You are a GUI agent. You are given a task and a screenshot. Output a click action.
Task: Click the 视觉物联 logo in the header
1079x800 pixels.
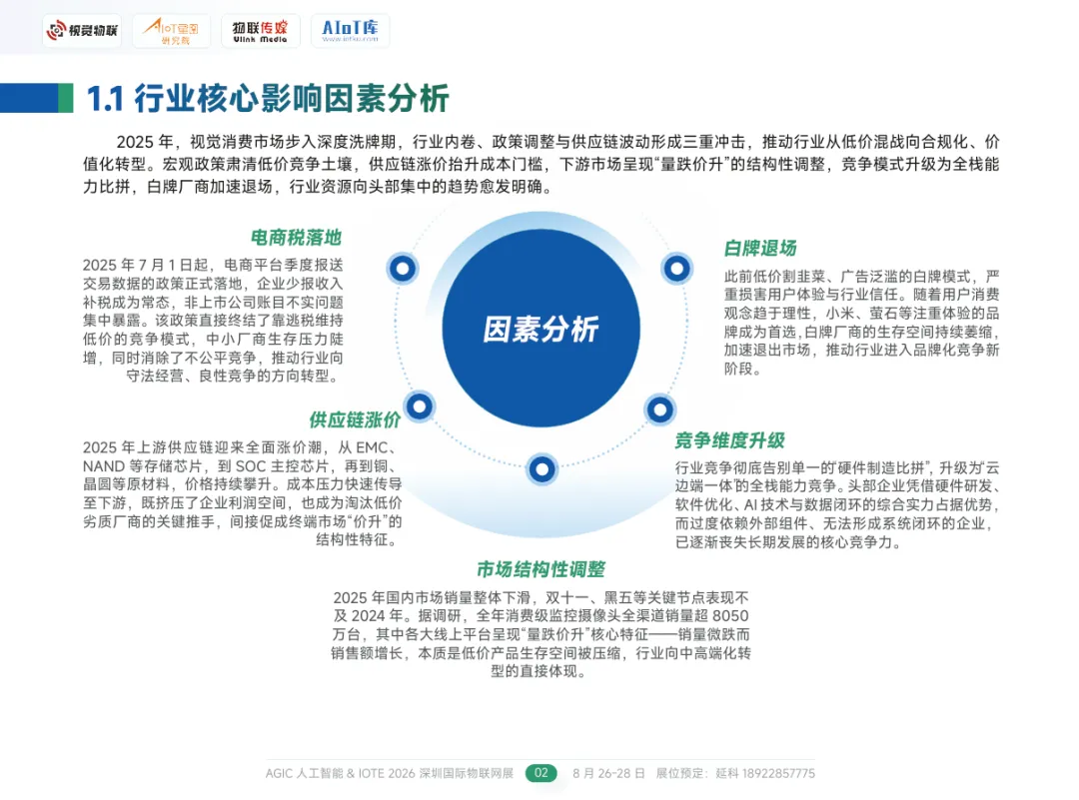pos(82,31)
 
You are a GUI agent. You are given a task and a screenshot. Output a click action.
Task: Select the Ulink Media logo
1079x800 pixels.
pos(259,31)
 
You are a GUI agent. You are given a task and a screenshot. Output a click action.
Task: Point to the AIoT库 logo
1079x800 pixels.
pos(350,31)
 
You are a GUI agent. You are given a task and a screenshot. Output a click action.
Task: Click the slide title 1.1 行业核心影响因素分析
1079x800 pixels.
pos(268,98)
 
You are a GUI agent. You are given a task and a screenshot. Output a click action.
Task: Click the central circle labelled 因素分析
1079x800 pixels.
pos(540,330)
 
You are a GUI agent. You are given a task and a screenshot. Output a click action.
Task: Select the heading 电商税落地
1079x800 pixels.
pos(296,238)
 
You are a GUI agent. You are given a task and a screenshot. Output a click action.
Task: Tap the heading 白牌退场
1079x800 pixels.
pos(760,248)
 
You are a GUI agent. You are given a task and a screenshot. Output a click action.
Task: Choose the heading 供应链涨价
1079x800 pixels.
pos(355,419)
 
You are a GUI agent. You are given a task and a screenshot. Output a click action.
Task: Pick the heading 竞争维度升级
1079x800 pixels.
pos(729,440)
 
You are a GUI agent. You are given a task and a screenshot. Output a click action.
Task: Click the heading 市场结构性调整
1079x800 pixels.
pos(540,569)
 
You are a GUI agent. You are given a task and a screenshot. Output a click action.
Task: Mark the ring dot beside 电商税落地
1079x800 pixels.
pos(403,268)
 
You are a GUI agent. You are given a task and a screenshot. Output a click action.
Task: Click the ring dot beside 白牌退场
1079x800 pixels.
pos(677,268)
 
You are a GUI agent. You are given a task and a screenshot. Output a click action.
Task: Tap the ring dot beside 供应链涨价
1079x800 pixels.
pos(420,405)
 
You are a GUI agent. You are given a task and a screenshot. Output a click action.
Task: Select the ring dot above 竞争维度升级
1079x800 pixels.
pos(659,408)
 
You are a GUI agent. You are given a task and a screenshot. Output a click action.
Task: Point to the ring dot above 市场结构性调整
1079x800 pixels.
pos(540,467)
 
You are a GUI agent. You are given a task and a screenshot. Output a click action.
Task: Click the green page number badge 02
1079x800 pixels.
pos(541,773)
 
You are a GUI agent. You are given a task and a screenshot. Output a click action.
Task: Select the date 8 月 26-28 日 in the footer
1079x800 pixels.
pos(608,773)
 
